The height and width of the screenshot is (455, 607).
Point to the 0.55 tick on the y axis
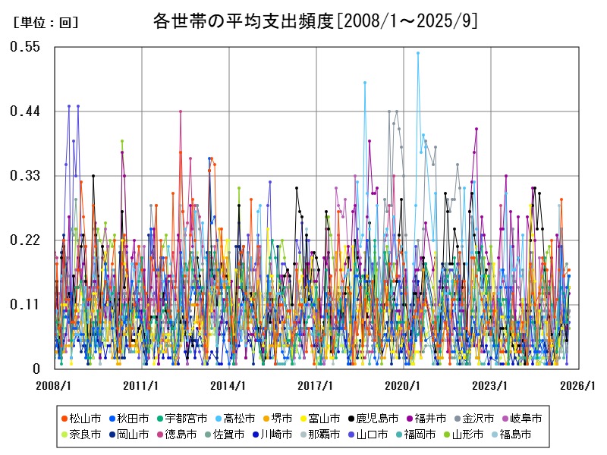pos(24,47)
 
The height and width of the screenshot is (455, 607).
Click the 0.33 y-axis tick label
pos(24,176)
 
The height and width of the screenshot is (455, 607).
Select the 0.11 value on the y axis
pos(24,305)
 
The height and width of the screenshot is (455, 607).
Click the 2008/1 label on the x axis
pos(55,386)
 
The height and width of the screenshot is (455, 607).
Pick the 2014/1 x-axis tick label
pos(229,386)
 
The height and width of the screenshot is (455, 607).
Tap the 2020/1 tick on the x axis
pos(404,386)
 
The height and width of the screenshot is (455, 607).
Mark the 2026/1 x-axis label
pos(578,386)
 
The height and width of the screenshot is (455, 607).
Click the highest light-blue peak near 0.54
pos(418,53)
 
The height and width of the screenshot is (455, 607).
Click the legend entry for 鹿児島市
pos(373,419)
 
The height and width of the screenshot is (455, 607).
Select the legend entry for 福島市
pos(510,435)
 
